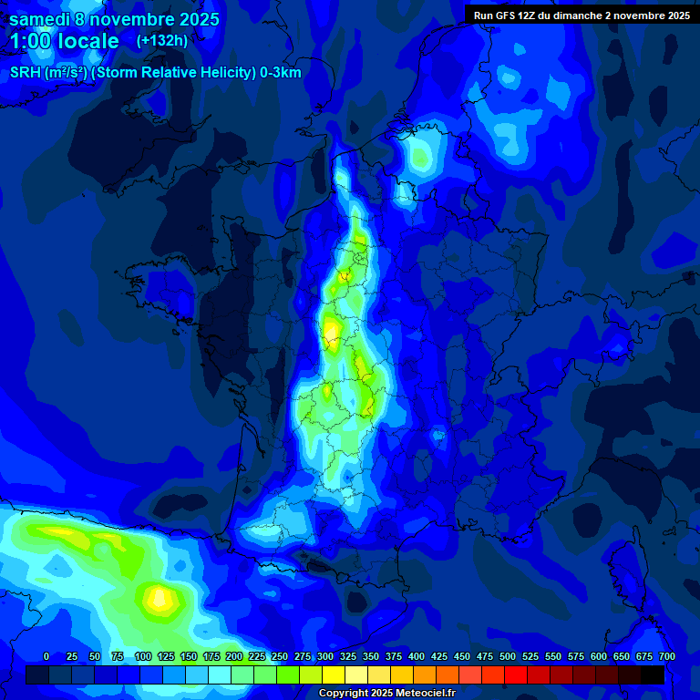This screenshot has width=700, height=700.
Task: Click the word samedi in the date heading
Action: click(x=38, y=19)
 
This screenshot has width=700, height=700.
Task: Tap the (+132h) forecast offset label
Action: click(x=161, y=40)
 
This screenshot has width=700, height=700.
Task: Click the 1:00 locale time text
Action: click(x=64, y=41)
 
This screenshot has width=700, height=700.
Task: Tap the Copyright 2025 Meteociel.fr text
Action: click(x=386, y=693)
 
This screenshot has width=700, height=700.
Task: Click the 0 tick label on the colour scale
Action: click(x=46, y=657)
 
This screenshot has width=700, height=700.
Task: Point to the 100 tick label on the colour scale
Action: click(x=143, y=657)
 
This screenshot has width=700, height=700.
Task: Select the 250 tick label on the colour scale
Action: click(x=280, y=657)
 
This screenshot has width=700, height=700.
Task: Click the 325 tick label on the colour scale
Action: click(x=348, y=657)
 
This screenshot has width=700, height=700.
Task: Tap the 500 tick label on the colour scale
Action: click(x=508, y=657)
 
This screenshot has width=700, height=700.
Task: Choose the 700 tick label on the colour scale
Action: click(x=666, y=657)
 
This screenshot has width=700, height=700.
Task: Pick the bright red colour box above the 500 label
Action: click(x=516, y=674)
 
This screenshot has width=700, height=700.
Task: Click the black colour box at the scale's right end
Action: click(x=653, y=674)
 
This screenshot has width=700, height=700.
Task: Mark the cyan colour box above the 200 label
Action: click(x=242, y=674)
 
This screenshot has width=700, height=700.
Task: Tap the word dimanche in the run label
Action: click(x=595, y=15)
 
